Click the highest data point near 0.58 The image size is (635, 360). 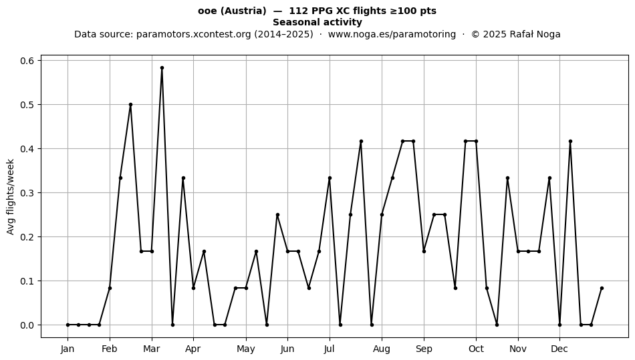(x=162, y=68)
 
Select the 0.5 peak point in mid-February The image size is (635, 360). (x=130, y=105)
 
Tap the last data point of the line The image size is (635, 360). (x=602, y=289)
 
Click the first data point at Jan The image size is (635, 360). (x=68, y=325)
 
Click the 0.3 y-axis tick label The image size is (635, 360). (x=27, y=193)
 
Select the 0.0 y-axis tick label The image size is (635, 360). (x=27, y=325)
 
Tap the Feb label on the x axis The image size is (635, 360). (x=110, y=349)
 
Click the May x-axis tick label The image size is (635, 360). (x=246, y=349)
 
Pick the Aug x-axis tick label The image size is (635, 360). (x=382, y=349)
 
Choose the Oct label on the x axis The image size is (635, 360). (x=476, y=349)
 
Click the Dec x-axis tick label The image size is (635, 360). (x=559, y=349)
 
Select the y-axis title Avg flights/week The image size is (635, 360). (x=11, y=196)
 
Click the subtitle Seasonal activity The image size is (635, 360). (x=317, y=22)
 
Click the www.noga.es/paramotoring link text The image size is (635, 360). (x=392, y=34)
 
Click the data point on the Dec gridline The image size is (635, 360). (x=559, y=325)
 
